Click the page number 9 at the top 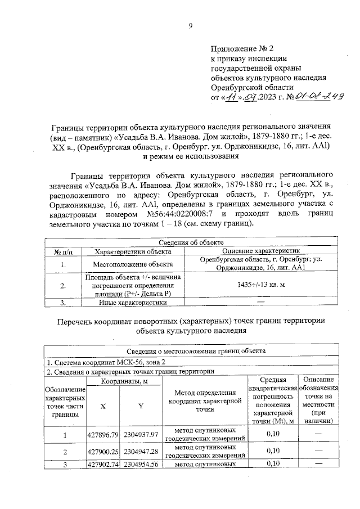[190, 25]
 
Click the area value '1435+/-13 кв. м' [262, 285]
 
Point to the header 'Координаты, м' [124, 381]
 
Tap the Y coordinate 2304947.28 [142, 452]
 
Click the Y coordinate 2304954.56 [142, 464]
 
